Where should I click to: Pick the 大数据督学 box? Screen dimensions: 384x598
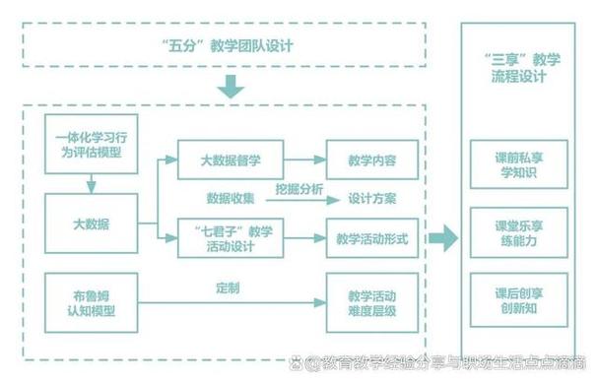point(230,160)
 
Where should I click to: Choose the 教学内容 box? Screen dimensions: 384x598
point(371,160)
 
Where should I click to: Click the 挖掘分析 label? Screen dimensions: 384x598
point(299,190)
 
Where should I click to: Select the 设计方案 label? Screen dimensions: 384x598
point(372,198)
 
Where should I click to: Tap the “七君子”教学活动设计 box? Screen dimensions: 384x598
point(230,238)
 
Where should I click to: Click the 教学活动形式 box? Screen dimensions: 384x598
point(371,238)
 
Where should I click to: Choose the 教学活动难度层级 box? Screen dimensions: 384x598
point(371,304)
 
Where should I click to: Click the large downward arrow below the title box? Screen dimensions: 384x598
point(231,88)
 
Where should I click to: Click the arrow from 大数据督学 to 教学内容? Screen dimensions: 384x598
point(304,160)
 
